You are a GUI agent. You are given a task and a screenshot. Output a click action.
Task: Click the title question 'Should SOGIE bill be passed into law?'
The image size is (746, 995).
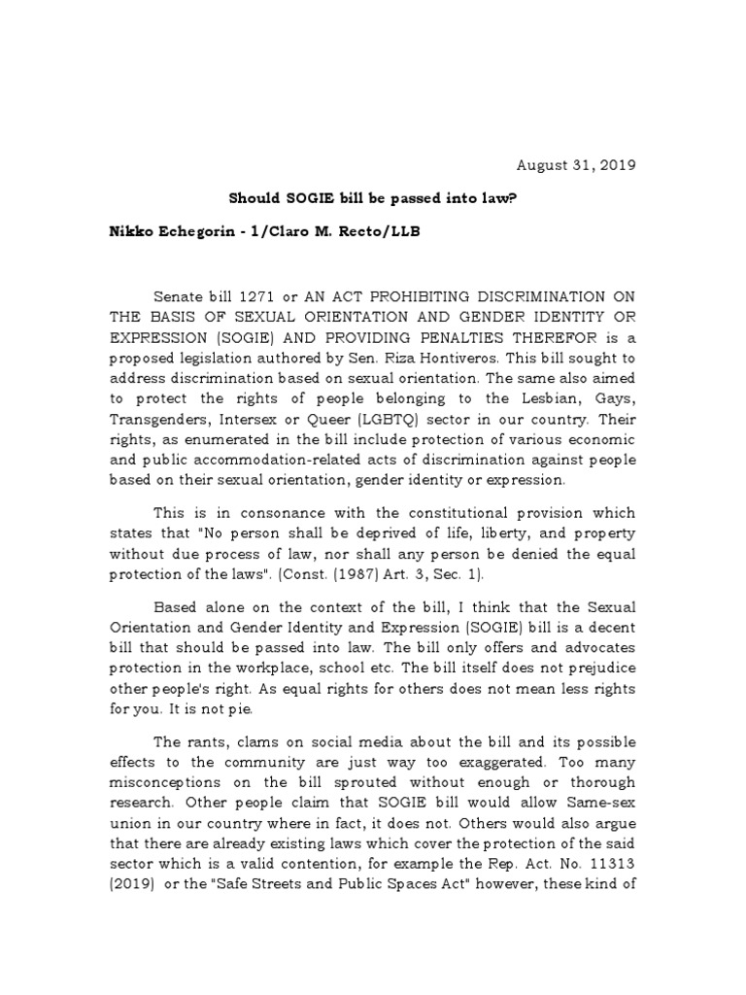tap(373, 198)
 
